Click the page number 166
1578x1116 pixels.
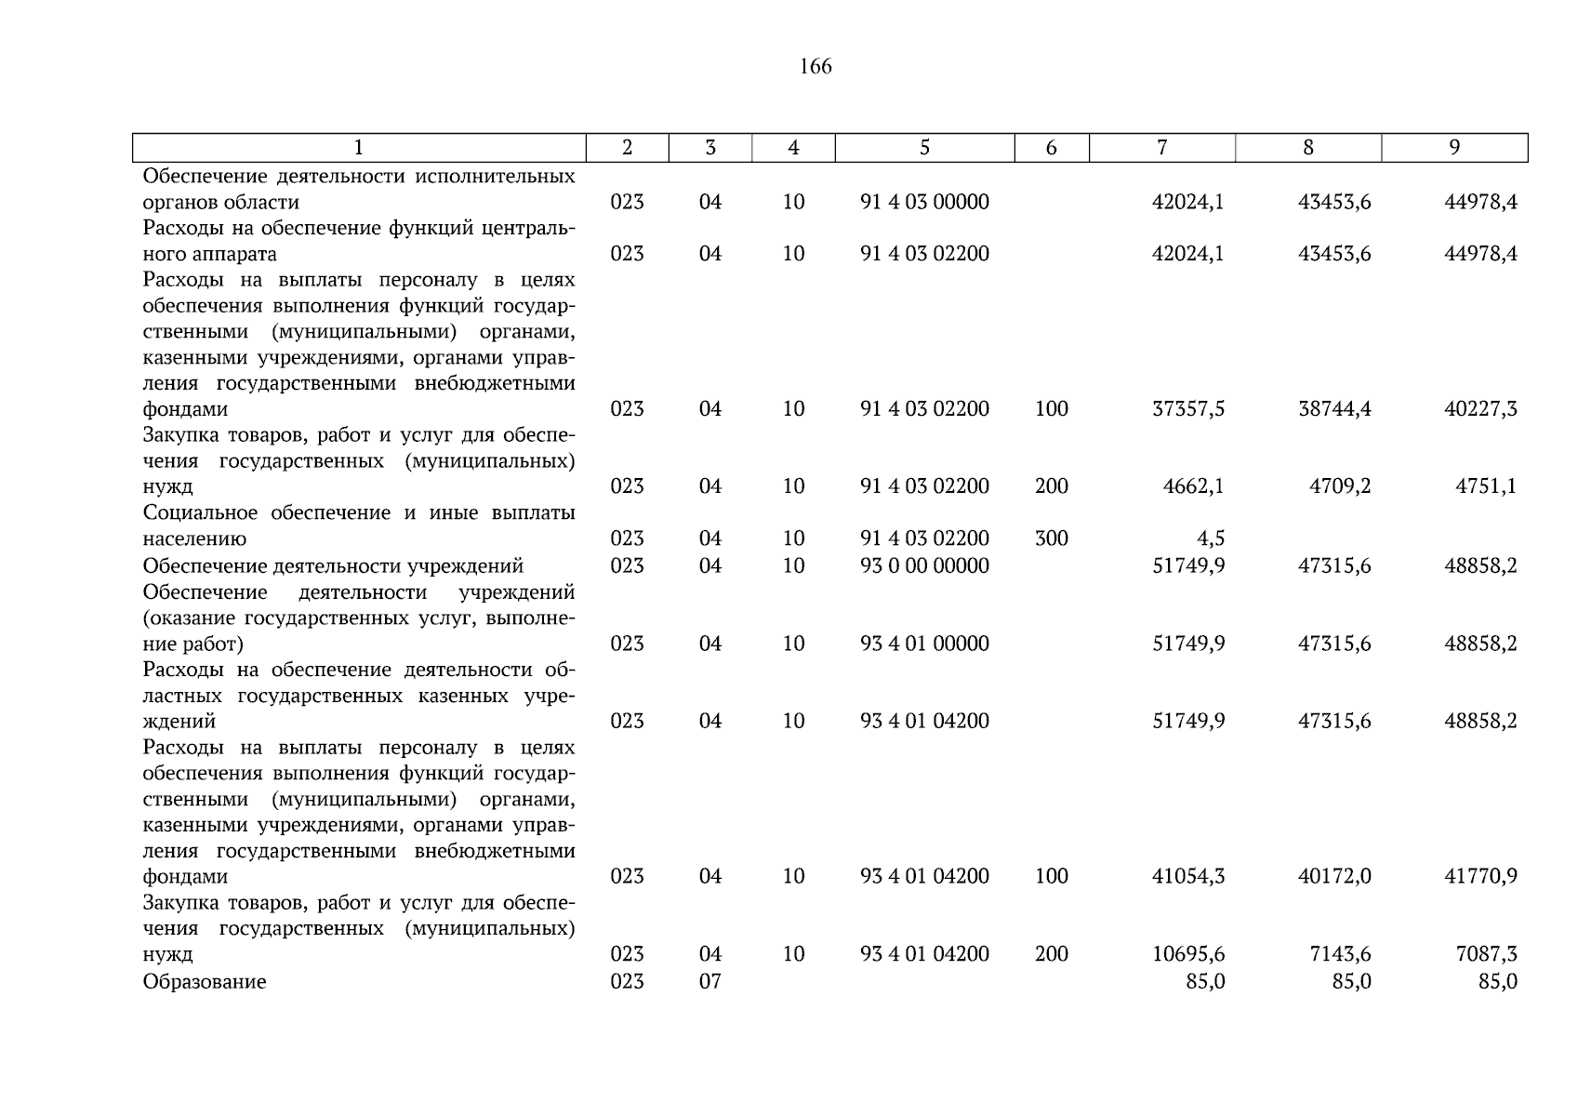point(815,66)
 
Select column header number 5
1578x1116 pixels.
point(924,147)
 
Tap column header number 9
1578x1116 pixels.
point(1454,147)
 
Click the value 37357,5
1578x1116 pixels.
point(1187,409)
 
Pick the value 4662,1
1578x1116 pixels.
point(1193,486)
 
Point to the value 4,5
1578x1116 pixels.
point(1211,538)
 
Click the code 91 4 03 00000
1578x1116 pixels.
point(924,203)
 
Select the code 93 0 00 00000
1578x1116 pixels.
point(924,566)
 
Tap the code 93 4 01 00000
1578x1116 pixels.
point(924,644)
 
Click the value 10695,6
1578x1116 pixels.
point(1187,954)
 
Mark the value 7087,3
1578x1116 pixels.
point(1486,954)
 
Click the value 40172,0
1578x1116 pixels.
point(1334,876)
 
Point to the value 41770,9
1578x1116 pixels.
point(1480,876)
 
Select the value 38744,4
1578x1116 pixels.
point(1334,409)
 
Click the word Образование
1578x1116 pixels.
point(205,982)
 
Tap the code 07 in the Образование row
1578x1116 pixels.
point(709,982)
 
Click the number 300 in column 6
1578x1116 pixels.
point(1051,538)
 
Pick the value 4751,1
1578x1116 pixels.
point(1486,486)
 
